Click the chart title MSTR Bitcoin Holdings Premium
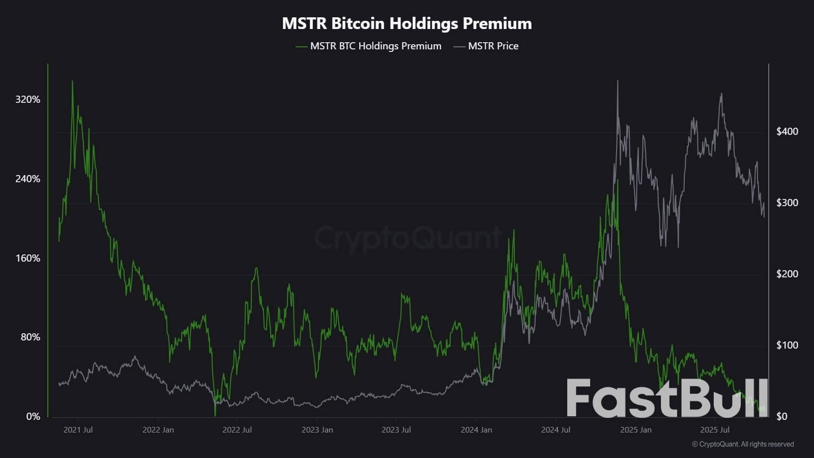(x=407, y=23)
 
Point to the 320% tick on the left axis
(x=27, y=99)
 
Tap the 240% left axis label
(x=27, y=179)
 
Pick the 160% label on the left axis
(x=27, y=258)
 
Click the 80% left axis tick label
(x=30, y=337)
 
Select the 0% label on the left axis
(x=33, y=416)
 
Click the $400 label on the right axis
(x=787, y=131)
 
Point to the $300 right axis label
(x=787, y=203)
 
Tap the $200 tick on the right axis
(x=787, y=274)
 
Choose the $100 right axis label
(x=787, y=345)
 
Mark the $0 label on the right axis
(x=781, y=416)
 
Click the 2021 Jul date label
(x=78, y=430)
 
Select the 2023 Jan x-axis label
(x=317, y=430)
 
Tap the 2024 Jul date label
(x=556, y=430)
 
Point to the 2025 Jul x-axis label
(x=715, y=430)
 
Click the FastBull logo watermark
(x=667, y=398)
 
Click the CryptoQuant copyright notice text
(x=743, y=444)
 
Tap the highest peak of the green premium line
(x=72, y=81)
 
